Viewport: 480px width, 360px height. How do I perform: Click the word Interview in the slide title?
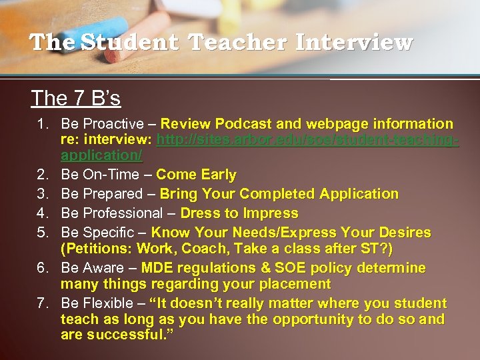(354, 43)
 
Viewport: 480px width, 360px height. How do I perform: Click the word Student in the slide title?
(131, 43)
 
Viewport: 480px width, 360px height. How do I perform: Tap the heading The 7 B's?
(76, 99)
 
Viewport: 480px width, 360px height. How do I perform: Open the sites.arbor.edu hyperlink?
(307, 140)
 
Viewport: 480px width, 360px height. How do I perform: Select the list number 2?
(43, 175)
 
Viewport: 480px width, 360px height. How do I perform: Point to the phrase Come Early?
(196, 175)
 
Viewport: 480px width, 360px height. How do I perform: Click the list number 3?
(43, 195)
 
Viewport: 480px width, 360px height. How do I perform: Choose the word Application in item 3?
(359, 195)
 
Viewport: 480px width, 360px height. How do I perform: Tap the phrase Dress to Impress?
(239, 214)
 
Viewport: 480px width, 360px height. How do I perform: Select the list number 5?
(43, 233)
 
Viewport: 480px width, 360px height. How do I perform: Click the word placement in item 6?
(297, 285)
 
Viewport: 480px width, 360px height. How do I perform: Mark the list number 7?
(43, 304)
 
